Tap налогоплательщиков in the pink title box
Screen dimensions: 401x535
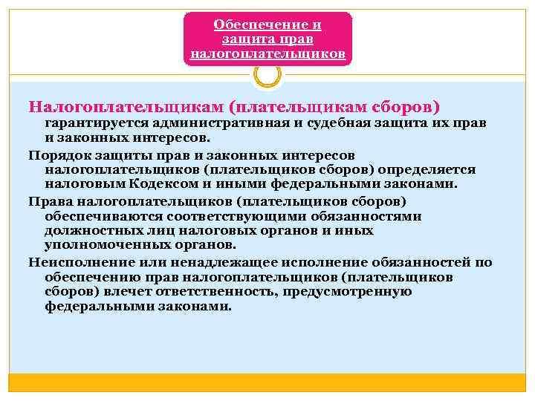click(x=267, y=53)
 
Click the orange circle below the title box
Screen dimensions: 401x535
click(x=267, y=74)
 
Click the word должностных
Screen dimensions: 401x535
click(x=94, y=230)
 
